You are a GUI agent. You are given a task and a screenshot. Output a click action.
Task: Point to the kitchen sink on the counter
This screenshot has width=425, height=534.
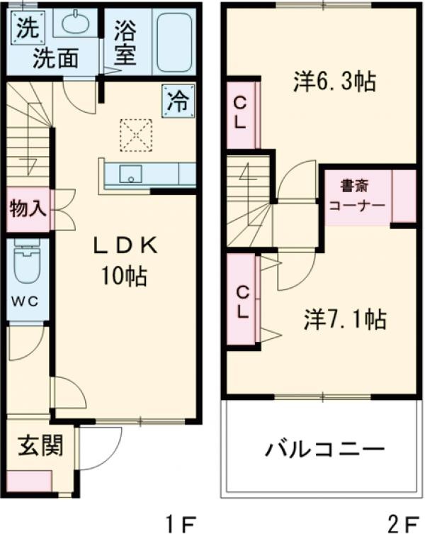pos(130,173)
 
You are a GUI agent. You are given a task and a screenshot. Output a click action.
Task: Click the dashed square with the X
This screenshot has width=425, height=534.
pos(136,134)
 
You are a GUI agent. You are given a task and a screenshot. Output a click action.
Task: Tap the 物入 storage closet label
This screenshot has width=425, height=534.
pos(28,209)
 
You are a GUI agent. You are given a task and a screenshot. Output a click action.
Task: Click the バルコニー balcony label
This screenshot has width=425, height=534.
pos(325,450)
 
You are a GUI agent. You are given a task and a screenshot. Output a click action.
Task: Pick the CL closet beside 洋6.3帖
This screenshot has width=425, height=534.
pos(240,113)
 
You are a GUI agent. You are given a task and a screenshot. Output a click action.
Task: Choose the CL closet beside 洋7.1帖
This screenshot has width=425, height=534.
pos(242,301)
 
